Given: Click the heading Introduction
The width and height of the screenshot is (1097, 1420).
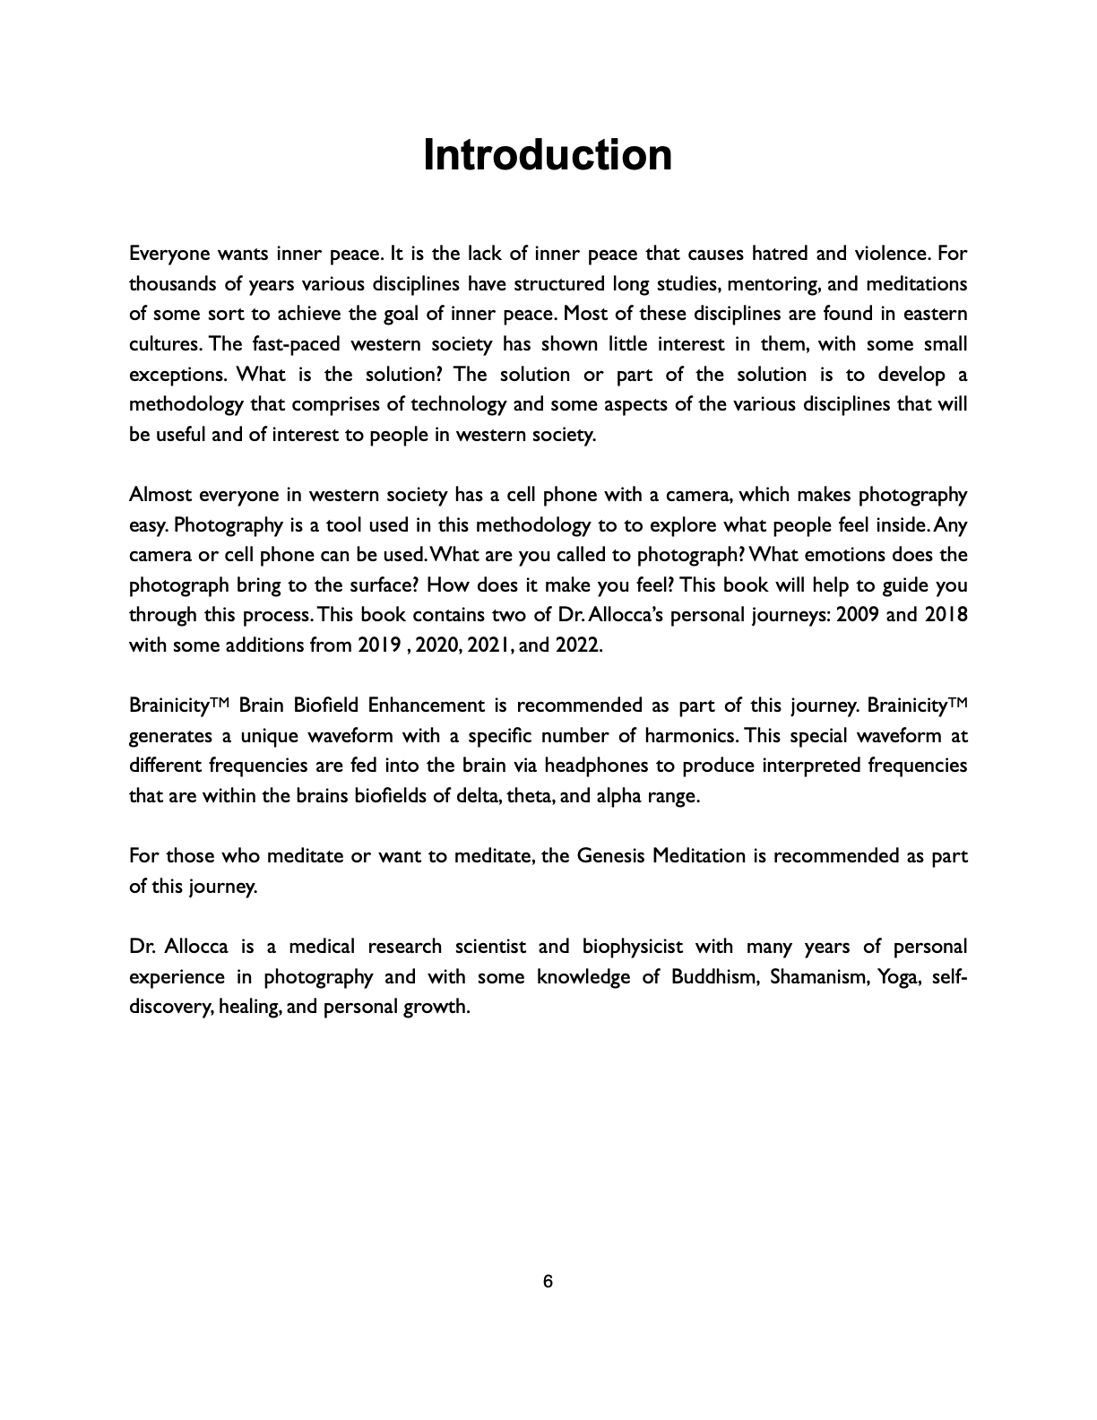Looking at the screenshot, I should click(x=548, y=155).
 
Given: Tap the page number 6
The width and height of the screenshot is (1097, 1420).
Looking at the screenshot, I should click(x=548, y=1282).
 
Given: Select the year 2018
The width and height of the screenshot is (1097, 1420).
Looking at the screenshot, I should click(x=945, y=615).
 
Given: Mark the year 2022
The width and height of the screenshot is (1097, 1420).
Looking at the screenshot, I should click(x=578, y=645).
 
